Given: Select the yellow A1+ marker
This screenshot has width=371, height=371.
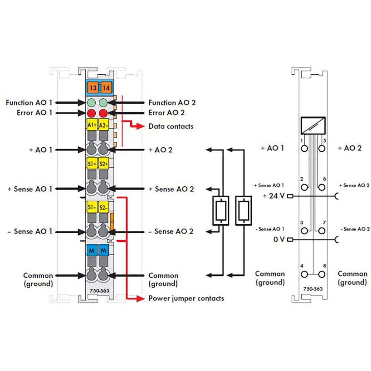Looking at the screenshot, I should point(92,125).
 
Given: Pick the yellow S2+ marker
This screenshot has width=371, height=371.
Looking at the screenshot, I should point(104,163).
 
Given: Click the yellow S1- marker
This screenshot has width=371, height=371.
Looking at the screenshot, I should point(92,207).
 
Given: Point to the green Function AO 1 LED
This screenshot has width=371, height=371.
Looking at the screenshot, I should point(91,103).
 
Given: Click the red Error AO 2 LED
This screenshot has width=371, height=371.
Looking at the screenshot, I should point(104,112).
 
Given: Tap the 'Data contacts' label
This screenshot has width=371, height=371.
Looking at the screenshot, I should point(171,126).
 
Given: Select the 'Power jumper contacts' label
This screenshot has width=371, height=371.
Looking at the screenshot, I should point(186,298).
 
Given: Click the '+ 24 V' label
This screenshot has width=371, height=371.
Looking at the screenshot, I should point(274,196).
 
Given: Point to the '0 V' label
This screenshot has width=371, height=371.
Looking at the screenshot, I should point(279,239).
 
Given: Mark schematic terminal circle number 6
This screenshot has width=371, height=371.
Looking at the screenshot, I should point(322,187).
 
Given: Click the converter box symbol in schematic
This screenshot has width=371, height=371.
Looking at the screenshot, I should point(313,125).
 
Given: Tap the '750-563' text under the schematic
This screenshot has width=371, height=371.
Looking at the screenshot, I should point(313,289).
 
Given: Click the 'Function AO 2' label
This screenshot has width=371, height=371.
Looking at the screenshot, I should point(171,103).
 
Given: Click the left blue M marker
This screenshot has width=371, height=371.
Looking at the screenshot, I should point(91,251).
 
